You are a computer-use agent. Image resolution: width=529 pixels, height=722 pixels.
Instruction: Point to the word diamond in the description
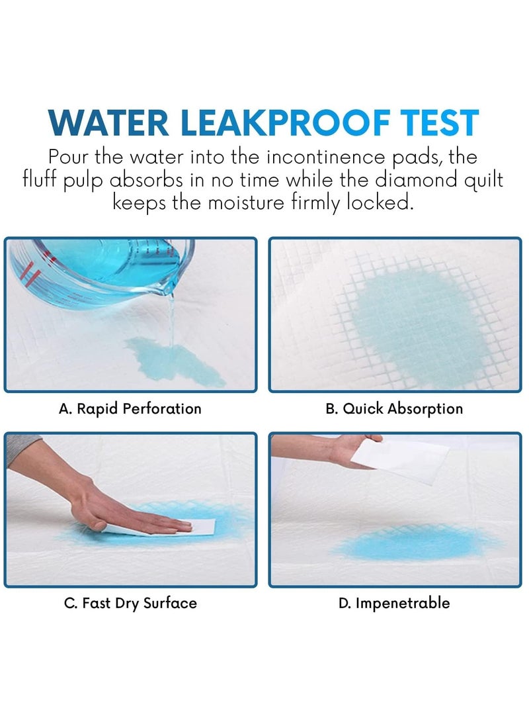pos(417,179)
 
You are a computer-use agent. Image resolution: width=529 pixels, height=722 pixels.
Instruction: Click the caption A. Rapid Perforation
pos(130,409)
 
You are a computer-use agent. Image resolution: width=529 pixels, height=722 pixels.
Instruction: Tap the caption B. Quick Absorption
pos(394,409)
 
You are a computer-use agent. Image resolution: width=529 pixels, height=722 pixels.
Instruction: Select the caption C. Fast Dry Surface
pos(131,603)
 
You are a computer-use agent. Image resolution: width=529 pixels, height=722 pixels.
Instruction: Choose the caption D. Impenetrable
pos(394,603)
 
